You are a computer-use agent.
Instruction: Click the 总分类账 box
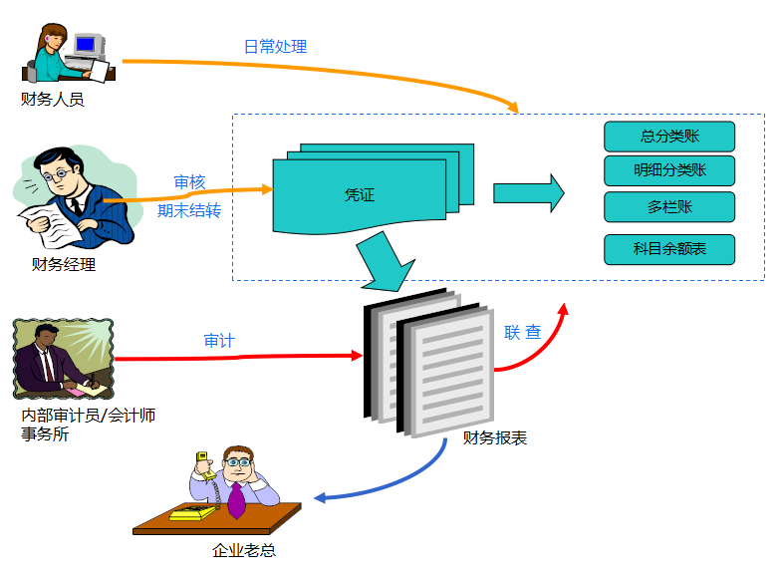tap(668, 136)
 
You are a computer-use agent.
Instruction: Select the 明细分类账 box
tap(668, 170)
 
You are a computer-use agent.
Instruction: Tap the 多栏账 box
tap(668, 206)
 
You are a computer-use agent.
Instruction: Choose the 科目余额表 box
tap(668, 249)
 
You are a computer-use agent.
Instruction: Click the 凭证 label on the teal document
tap(359, 196)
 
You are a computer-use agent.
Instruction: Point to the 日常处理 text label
tap(275, 47)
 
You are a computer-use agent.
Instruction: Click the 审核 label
tap(189, 182)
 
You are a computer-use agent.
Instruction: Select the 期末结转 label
tap(189, 210)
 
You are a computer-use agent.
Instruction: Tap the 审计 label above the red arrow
tap(219, 341)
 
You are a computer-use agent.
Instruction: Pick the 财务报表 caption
tap(495, 437)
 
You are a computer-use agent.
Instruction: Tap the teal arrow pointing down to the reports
tap(385, 261)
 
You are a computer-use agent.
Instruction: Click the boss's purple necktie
tap(236, 499)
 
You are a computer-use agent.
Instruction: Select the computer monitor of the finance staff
tap(86, 45)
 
